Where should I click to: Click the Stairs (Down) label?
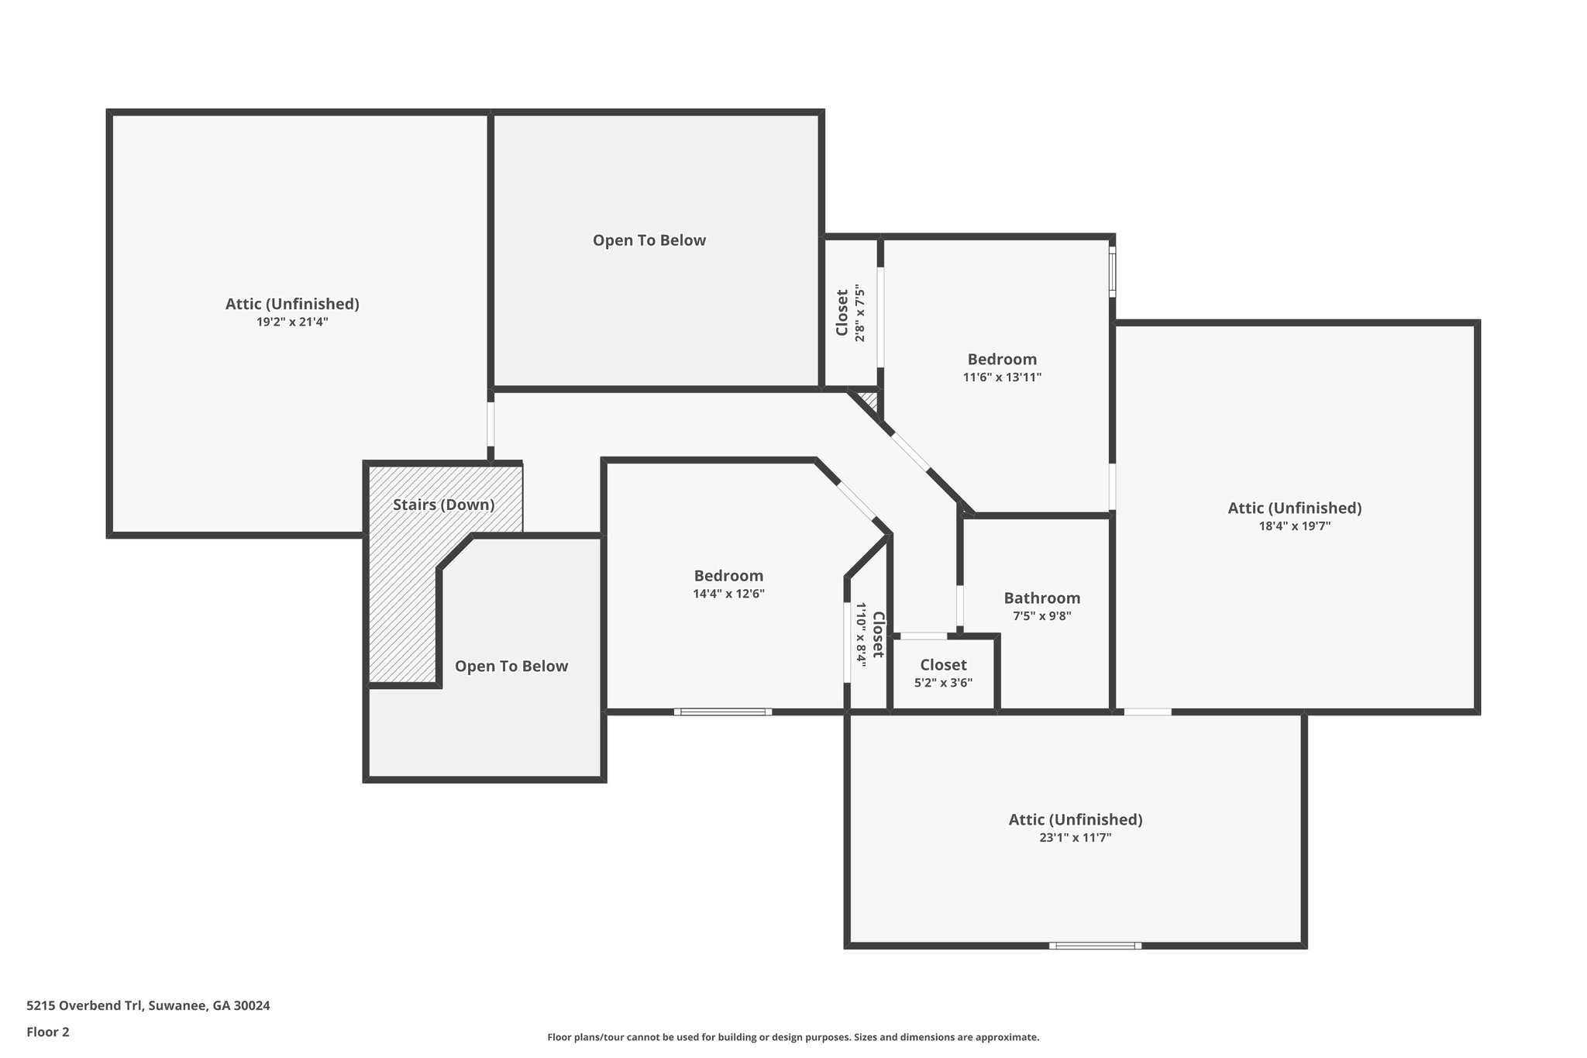pos(443,505)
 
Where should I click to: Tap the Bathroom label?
pos(1042,598)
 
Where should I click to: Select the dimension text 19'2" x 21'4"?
pos(293,322)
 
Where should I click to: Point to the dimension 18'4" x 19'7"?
pos(1295,526)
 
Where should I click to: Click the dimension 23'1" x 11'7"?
pos(1076,837)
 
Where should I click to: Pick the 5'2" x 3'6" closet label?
pos(943,683)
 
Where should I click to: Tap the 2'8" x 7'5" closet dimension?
pos(859,313)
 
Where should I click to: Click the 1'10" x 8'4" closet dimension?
pos(860,633)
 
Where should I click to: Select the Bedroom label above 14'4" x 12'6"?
pos(728,576)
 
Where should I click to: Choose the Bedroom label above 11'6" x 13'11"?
pos(1002,360)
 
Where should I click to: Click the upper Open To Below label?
pos(649,240)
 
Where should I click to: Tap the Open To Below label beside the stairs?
pos(511,666)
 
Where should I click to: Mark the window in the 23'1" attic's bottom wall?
pos(1095,945)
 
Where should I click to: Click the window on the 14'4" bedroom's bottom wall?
pos(723,712)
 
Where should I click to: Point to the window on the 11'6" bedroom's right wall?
pos(1113,271)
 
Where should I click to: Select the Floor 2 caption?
pos(48,1032)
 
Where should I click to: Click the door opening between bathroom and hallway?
pos(960,605)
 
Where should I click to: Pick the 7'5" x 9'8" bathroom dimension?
pos(1042,616)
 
